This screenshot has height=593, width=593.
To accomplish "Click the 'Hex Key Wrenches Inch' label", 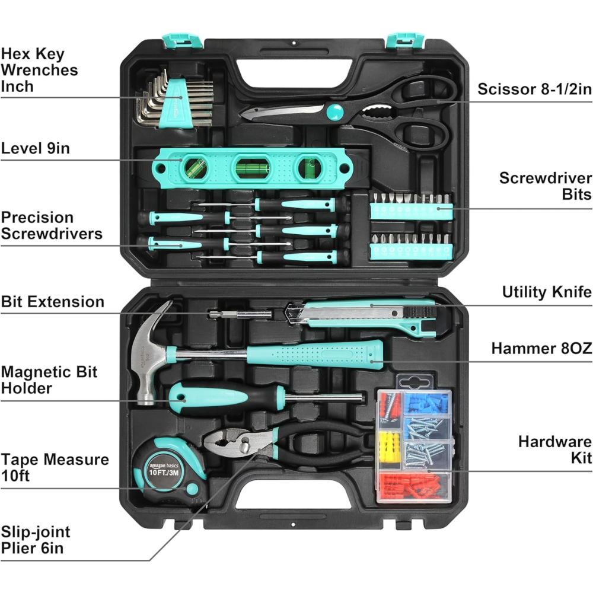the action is tap(39, 70).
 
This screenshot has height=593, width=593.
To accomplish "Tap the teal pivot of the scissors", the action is tap(334, 112).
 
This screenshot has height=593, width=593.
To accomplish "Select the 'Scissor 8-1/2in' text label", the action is tap(534, 90).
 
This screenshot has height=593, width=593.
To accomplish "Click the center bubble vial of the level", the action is tap(252, 168).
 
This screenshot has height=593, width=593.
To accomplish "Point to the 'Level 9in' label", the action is tap(36, 148).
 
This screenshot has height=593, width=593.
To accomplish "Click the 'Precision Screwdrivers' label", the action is tap(52, 225).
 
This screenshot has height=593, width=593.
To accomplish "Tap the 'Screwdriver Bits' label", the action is tap(546, 186).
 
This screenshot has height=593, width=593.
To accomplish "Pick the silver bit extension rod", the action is tap(240, 314).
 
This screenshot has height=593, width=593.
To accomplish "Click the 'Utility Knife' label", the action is tap(547, 292).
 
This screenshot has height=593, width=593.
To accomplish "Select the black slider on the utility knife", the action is tap(420, 312).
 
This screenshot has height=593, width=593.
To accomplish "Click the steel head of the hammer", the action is tap(148, 353).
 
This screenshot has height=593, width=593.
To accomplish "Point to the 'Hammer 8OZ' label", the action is tap(541, 348).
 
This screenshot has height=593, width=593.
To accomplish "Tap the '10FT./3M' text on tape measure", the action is tap(164, 473).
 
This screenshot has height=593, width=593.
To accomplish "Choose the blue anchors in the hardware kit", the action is tap(427, 403).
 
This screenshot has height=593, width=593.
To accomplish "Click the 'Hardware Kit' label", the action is tap(555, 449).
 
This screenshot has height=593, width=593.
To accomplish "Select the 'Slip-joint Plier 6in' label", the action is tap(36, 540).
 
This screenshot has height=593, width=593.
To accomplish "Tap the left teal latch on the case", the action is tap(182, 41).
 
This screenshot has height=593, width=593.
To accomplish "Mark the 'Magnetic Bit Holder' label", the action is tap(49, 380).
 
